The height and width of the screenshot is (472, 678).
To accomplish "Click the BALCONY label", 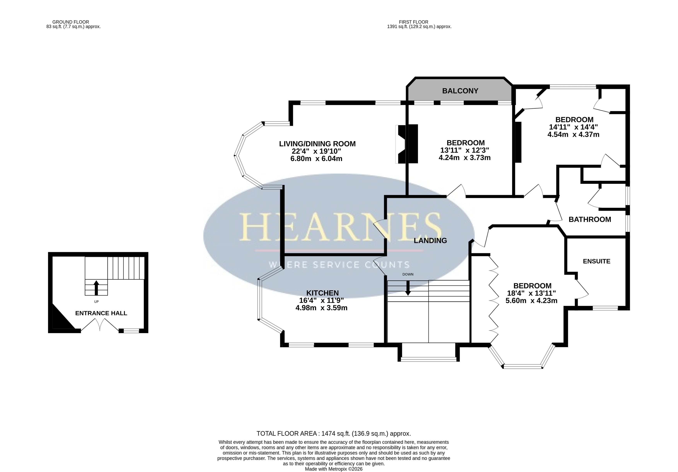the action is pyautogui.click(x=460, y=91).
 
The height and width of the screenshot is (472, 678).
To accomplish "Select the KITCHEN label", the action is pyautogui.click(x=322, y=293).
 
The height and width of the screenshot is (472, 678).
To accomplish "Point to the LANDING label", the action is pyautogui.click(x=430, y=241).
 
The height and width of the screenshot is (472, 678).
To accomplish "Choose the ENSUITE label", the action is pyautogui.click(x=596, y=261).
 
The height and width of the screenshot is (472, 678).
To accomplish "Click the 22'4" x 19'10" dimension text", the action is pyautogui.click(x=316, y=151).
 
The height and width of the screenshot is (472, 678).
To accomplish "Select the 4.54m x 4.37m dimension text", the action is pyautogui.click(x=573, y=134).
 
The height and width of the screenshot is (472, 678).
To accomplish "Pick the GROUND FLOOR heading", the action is pyautogui.click(x=71, y=22).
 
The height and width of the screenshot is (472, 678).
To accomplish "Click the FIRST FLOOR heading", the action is pyautogui.click(x=413, y=22).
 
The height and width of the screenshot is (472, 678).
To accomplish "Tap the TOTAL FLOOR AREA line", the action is pyautogui.click(x=334, y=433).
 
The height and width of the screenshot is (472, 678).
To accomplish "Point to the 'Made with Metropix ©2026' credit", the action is pyautogui.click(x=334, y=469).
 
